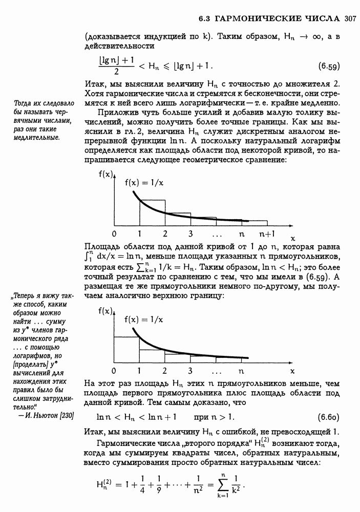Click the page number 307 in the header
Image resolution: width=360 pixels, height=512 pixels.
pos(350,19)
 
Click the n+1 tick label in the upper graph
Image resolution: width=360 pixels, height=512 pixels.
pos(266,234)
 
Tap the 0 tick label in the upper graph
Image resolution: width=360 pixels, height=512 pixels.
pos(113,234)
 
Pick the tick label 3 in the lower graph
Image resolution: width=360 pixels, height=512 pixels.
pos(190,371)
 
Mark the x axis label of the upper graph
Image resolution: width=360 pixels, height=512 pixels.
pos(293,238)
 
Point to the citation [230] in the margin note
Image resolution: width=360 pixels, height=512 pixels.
pos(68,415)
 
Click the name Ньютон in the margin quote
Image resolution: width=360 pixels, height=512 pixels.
pos(47,415)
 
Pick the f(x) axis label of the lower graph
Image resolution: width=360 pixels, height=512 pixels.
pos(105,311)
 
